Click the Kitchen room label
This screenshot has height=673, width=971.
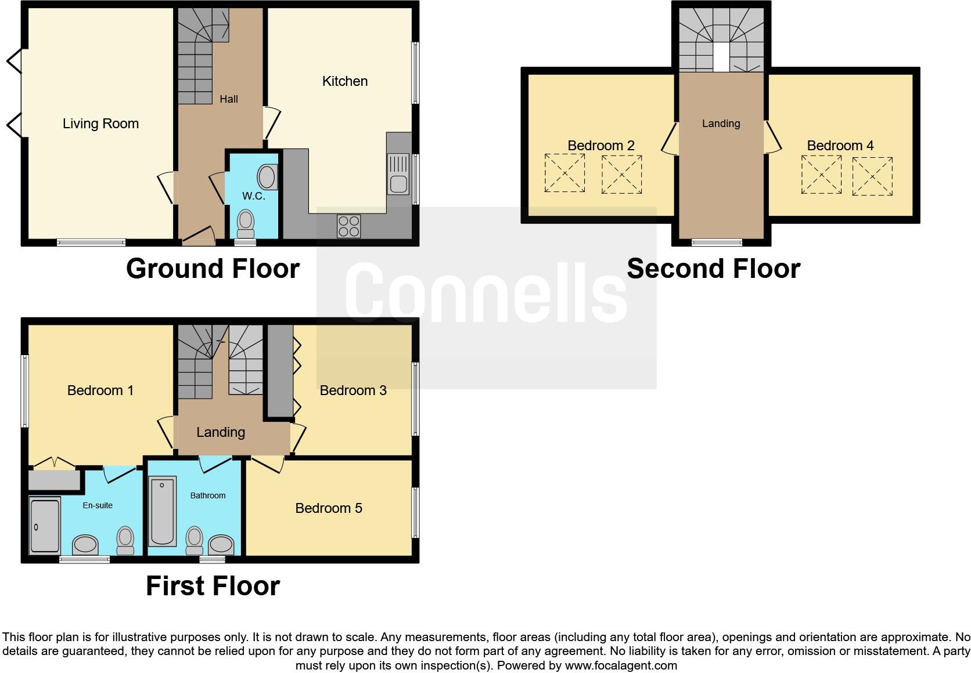(345, 81)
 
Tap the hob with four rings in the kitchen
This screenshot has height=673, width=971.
(348, 226)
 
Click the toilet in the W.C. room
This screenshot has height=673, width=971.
(246, 223)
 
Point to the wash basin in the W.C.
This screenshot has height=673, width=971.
(267, 176)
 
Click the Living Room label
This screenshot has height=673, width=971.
(100, 124)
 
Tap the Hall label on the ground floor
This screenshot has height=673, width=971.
(229, 99)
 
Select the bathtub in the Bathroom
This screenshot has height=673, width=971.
(163, 511)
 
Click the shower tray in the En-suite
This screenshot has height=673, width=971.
(44, 525)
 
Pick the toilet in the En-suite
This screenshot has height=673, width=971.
(125, 540)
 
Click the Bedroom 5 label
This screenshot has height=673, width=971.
(329, 508)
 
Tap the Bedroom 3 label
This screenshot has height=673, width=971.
(353, 390)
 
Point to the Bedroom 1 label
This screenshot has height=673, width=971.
(100, 390)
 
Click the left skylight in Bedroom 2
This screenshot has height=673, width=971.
(564, 173)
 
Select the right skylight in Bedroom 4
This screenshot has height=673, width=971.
(872, 176)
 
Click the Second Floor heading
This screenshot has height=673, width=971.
(713, 269)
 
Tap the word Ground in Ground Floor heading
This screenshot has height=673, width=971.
(168, 269)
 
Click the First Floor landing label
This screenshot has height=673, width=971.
(221, 432)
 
